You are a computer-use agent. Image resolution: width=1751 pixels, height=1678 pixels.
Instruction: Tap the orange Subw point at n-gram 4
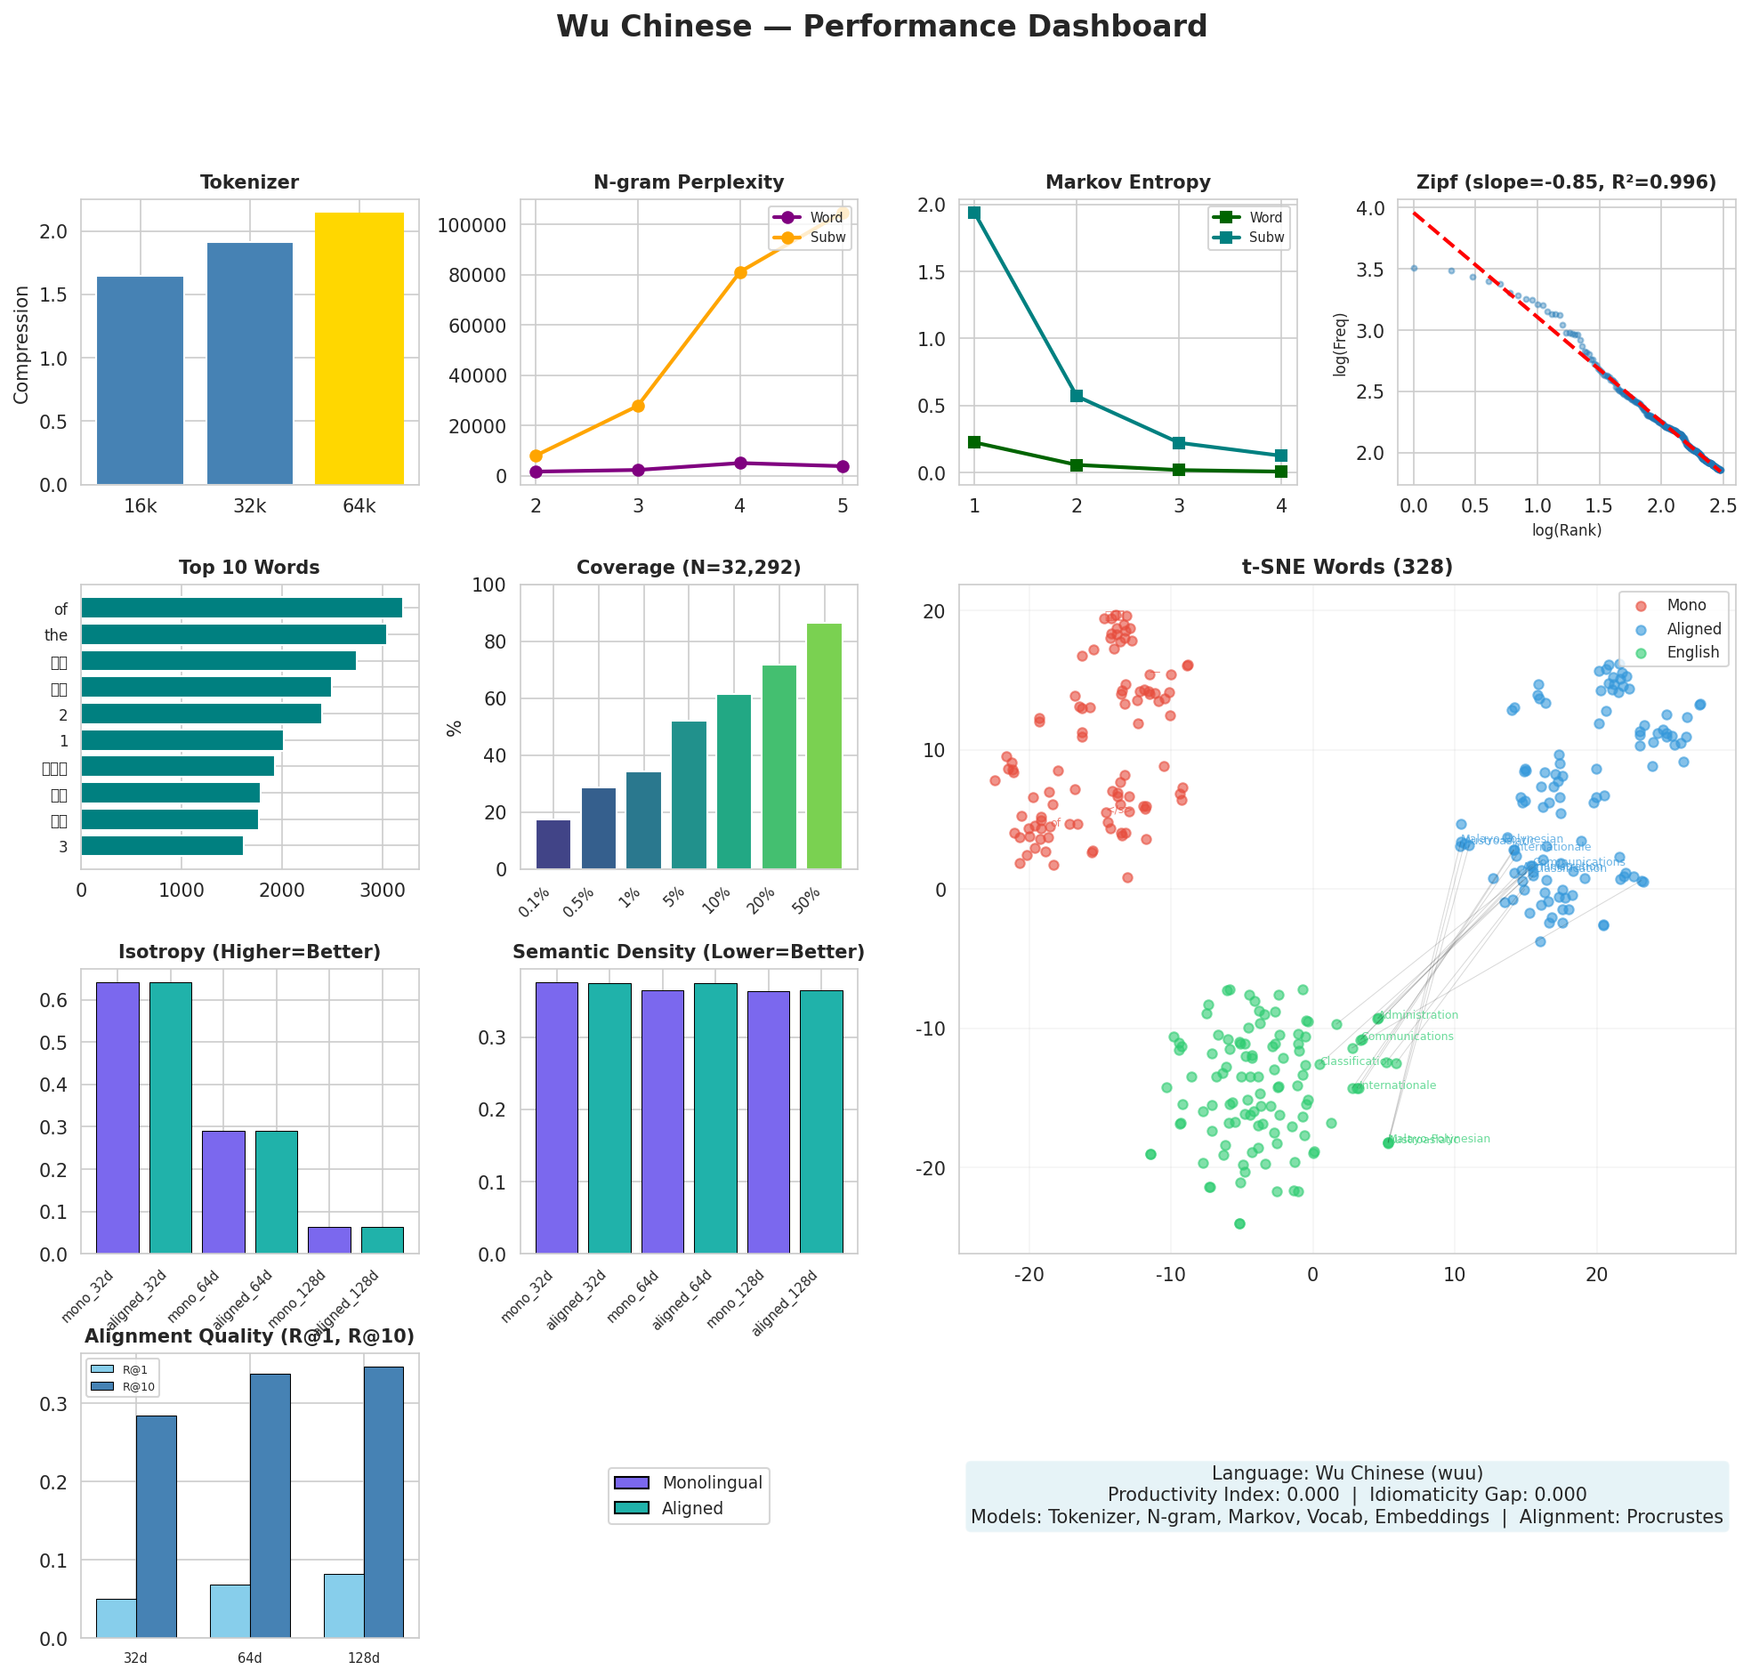(739, 272)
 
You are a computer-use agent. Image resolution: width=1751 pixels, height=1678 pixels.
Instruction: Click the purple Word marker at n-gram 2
(536, 472)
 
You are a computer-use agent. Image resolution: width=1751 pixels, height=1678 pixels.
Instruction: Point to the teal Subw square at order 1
(973, 213)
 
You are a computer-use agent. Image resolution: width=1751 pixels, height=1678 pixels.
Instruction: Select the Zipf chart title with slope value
(1565, 183)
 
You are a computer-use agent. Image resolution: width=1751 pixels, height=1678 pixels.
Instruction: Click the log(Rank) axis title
(1566, 530)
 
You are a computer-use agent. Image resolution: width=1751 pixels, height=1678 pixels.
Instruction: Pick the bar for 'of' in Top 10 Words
(241, 609)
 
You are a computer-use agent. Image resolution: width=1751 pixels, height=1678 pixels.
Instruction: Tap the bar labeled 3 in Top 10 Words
(162, 846)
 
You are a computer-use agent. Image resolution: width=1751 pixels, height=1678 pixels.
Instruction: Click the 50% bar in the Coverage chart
(824, 746)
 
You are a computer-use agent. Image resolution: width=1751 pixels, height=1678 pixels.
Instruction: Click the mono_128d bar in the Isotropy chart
(329, 1240)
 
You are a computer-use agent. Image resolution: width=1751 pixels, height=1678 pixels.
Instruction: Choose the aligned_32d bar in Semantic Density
(609, 1117)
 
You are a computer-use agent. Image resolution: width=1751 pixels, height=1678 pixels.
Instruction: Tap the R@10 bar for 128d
(383, 1502)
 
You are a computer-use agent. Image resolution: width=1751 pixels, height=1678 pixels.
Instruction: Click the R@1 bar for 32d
(117, 1618)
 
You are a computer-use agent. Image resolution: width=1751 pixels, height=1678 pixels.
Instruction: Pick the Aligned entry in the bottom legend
(691, 1508)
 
